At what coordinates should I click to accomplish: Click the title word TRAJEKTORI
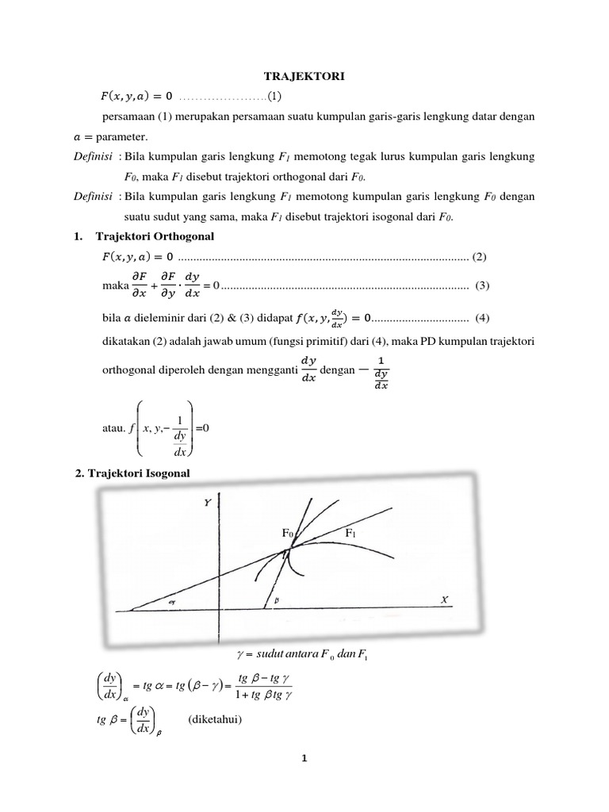[304, 76]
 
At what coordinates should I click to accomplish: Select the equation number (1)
[274, 97]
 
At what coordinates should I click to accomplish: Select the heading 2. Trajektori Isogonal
[132, 473]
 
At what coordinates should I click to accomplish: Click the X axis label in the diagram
[444, 601]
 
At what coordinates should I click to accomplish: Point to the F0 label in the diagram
[289, 534]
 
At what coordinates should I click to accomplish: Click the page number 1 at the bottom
[304, 758]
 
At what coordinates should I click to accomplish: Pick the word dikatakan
[128, 340]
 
